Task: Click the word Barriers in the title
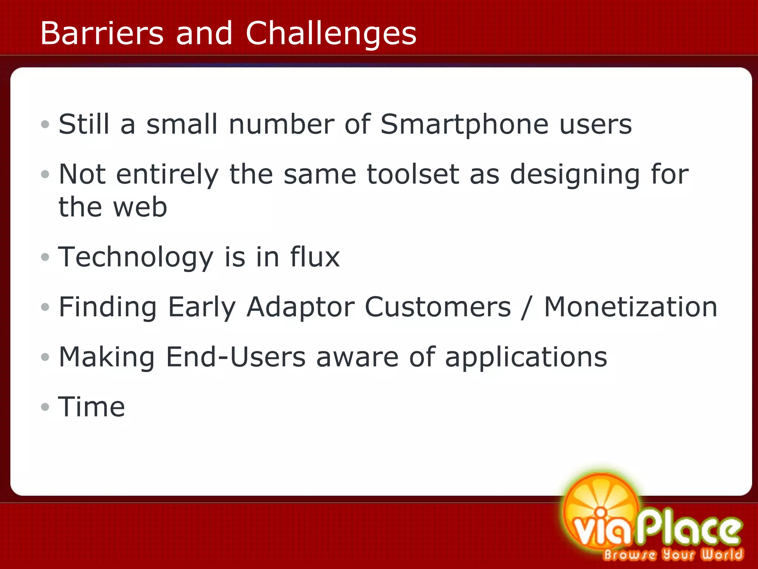point(102,33)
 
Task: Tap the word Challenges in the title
point(331,34)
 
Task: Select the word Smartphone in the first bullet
point(464,124)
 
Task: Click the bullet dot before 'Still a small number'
point(45,124)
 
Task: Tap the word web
point(140,207)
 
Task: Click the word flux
point(315,257)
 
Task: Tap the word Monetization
point(631,307)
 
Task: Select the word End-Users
point(236,357)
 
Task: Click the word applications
point(526,358)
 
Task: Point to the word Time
point(91,407)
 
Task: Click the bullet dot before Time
point(45,407)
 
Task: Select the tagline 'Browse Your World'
point(673,555)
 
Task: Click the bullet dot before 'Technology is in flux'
point(45,257)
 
